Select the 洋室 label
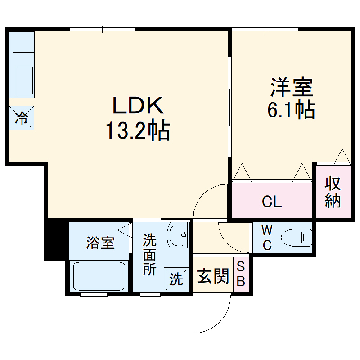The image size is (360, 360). coord(292,87)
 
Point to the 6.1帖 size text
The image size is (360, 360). coord(291,110)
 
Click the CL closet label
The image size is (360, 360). coord(272,202)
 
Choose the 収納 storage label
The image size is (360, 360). coord(333,193)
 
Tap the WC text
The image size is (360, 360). coord(267,238)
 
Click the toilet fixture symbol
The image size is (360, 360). coord(297,238)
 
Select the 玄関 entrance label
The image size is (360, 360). coord(212,276)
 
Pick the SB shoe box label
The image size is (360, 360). coord(241,274)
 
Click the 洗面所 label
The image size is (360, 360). coord(149,255)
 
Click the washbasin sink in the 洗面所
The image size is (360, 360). coord(179,234)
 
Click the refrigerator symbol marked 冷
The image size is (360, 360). coord(22,118)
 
